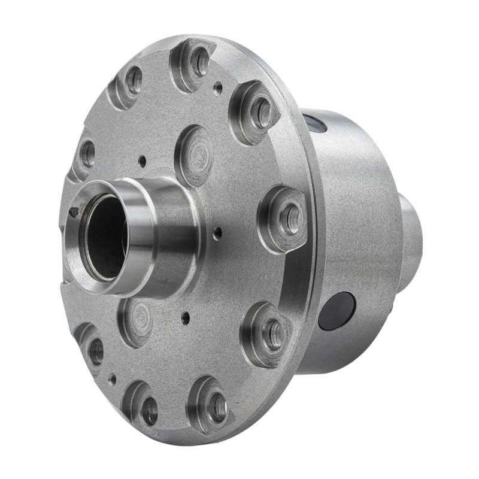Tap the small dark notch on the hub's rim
pyautogui.click(x=73, y=211)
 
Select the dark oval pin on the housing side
pyautogui.click(x=336, y=311)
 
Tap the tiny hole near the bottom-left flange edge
pyautogui.click(x=113, y=378)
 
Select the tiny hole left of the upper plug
pyautogui.click(x=142, y=160)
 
